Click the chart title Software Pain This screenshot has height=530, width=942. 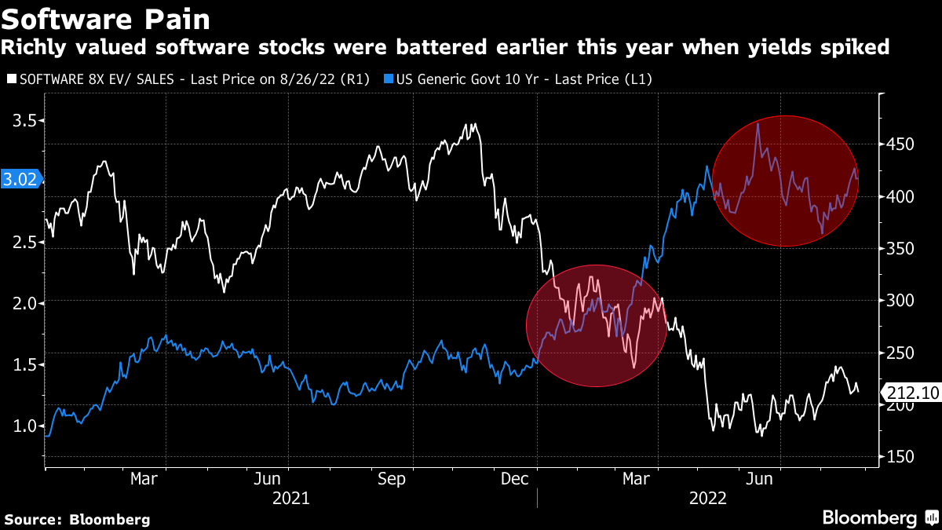pos(107,16)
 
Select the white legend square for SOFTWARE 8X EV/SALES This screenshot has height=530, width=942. pos(10,79)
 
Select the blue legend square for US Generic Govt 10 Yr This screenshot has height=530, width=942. pos(389,79)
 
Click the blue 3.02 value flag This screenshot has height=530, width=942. pos(20,179)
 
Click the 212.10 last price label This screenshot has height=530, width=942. pos(911,392)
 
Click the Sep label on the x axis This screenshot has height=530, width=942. pos(392,479)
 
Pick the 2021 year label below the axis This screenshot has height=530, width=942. pos(290,498)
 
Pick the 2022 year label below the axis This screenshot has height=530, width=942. pos(708,498)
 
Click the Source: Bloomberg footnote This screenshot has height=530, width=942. pos(77,519)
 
